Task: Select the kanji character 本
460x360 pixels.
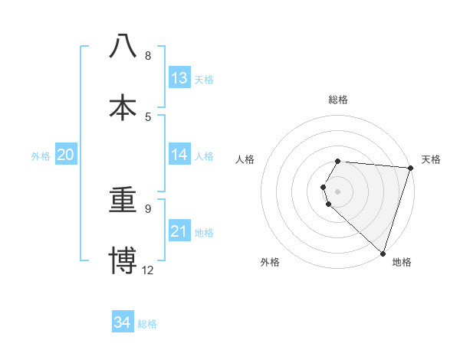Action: coord(123,108)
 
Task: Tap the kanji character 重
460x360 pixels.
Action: coord(123,200)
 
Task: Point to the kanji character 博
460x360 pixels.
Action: coord(123,260)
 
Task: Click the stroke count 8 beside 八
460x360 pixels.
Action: coord(148,56)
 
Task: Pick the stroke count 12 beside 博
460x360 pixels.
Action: coord(148,270)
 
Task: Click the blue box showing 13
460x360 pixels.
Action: coord(179,78)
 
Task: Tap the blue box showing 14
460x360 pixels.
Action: coord(179,155)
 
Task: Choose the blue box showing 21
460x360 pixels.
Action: coord(179,231)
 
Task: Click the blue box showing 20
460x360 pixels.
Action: coord(66,155)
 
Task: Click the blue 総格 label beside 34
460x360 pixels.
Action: coord(147,324)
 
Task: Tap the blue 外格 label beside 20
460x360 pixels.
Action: coord(41,156)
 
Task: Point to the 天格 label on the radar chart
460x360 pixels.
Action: coord(431,159)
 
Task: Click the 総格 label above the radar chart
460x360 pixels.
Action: coord(338,100)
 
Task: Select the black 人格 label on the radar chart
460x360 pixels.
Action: coord(245,159)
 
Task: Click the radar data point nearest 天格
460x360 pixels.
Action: coord(410,169)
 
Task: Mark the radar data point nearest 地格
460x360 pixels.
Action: coord(383,253)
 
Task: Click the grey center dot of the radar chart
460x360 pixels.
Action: coord(338,191)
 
